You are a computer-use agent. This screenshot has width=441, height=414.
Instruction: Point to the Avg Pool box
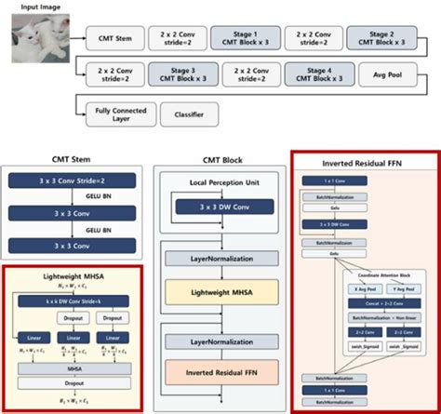[390, 75]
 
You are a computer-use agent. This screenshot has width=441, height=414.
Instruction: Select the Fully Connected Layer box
[117, 116]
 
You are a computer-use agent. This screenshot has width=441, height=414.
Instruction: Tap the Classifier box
[190, 116]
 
